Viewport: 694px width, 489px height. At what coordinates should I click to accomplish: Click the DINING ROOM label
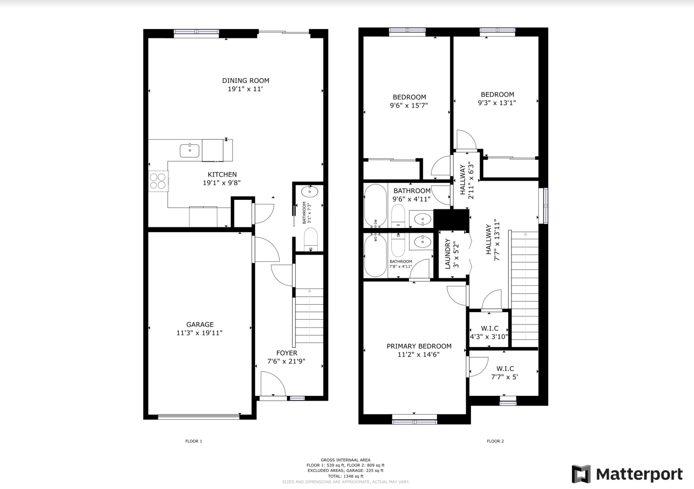click(x=246, y=81)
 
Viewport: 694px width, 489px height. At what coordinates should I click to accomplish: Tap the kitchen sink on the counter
click(x=189, y=151)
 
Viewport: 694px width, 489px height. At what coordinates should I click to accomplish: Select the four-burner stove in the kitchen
click(x=158, y=181)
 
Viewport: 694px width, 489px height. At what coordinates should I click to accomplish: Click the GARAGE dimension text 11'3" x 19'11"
click(x=200, y=333)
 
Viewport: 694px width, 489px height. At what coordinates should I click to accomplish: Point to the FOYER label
click(x=286, y=353)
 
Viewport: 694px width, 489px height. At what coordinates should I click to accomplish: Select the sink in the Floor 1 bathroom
click(x=310, y=192)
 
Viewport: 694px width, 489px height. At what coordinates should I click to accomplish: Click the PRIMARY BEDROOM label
click(x=419, y=346)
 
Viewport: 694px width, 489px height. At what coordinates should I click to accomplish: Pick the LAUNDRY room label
click(x=448, y=254)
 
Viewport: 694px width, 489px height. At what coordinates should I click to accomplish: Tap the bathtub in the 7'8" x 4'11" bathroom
click(x=376, y=256)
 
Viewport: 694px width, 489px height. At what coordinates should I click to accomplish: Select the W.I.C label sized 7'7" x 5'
click(x=505, y=368)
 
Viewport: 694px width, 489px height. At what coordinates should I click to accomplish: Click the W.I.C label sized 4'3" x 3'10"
click(x=489, y=328)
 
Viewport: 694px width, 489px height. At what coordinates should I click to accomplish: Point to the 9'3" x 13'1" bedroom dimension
click(x=497, y=103)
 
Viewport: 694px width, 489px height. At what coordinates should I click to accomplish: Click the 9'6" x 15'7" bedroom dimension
click(x=409, y=105)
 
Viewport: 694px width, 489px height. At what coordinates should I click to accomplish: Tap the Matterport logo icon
click(x=581, y=474)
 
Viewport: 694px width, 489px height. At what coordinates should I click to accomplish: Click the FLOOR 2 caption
click(x=495, y=441)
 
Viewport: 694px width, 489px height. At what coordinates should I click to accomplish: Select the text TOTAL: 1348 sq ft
click(x=345, y=476)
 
